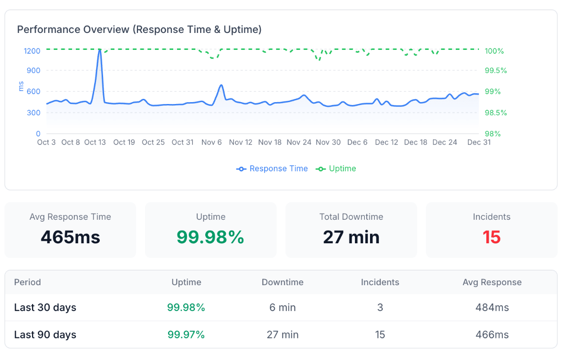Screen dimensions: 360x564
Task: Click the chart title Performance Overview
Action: (139, 30)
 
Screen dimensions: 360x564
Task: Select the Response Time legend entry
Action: (273, 168)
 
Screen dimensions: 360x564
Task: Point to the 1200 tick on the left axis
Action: (32, 51)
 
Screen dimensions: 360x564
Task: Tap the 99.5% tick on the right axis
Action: (496, 71)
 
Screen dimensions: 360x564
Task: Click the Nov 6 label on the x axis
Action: (211, 142)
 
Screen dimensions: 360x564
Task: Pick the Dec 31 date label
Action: (479, 142)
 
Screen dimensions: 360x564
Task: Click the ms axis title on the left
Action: (21, 86)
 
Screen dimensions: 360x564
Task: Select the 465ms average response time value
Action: (71, 237)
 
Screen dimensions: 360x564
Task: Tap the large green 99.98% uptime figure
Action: (210, 237)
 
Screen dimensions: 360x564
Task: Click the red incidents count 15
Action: (491, 237)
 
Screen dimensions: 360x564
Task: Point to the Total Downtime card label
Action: (351, 217)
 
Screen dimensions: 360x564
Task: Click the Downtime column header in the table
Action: (282, 282)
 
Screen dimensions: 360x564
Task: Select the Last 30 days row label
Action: (45, 308)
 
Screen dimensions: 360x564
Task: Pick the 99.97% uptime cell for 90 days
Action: (186, 335)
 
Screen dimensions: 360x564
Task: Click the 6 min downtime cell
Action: (282, 308)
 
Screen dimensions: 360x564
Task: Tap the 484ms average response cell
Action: (492, 308)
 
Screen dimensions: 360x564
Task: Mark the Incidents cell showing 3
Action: (380, 308)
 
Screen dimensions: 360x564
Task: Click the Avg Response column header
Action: (492, 282)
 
